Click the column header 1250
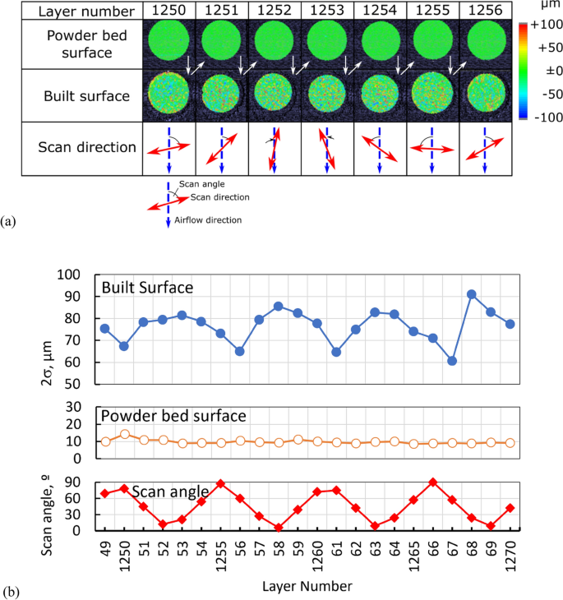[168, 11]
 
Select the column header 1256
[485, 11]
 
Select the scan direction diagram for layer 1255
[433, 149]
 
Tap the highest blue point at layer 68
[472, 294]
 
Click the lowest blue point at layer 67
[452, 361]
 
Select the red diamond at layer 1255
[221, 483]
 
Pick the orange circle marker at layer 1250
[125, 434]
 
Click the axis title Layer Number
[307, 586]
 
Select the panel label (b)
[10, 590]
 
